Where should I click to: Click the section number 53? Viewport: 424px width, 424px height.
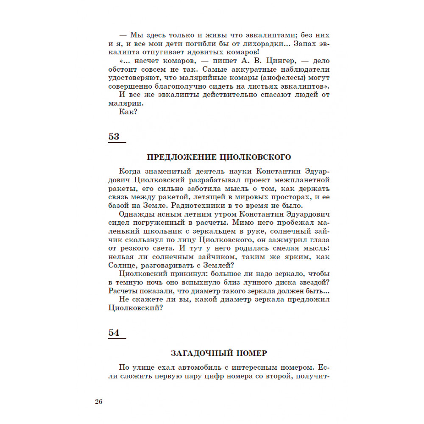tap(114, 137)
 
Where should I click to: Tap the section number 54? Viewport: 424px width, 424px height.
tap(114, 333)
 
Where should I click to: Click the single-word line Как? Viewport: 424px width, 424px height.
tap(128, 112)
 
